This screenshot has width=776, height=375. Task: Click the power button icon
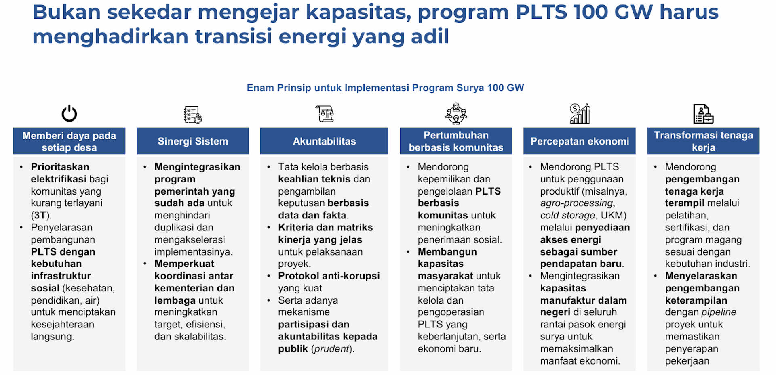pyautogui.click(x=69, y=113)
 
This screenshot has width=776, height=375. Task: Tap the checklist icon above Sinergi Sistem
pyautogui.click(x=193, y=115)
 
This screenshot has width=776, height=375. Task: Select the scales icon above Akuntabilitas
pyautogui.click(x=325, y=114)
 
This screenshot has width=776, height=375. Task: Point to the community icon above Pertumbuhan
pyautogui.click(x=456, y=113)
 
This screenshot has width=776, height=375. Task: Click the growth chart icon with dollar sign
pyautogui.click(x=580, y=113)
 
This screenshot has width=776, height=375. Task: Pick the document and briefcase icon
pyautogui.click(x=703, y=114)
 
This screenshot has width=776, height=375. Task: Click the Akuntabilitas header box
pyautogui.click(x=324, y=141)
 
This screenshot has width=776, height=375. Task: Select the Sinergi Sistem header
pyautogui.click(x=193, y=141)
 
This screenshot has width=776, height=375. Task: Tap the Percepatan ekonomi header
pyautogui.click(x=580, y=141)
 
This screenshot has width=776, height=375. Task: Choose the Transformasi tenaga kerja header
pyautogui.click(x=703, y=141)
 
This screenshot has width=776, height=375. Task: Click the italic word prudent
pyautogui.click(x=332, y=349)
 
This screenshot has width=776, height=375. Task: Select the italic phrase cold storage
pyautogui.click(x=567, y=215)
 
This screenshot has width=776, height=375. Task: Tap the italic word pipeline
pyautogui.click(x=719, y=312)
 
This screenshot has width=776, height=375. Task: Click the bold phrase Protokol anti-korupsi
pyautogui.click(x=329, y=276)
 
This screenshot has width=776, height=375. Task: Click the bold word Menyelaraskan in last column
pyautogui.click(x=701, y=276)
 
